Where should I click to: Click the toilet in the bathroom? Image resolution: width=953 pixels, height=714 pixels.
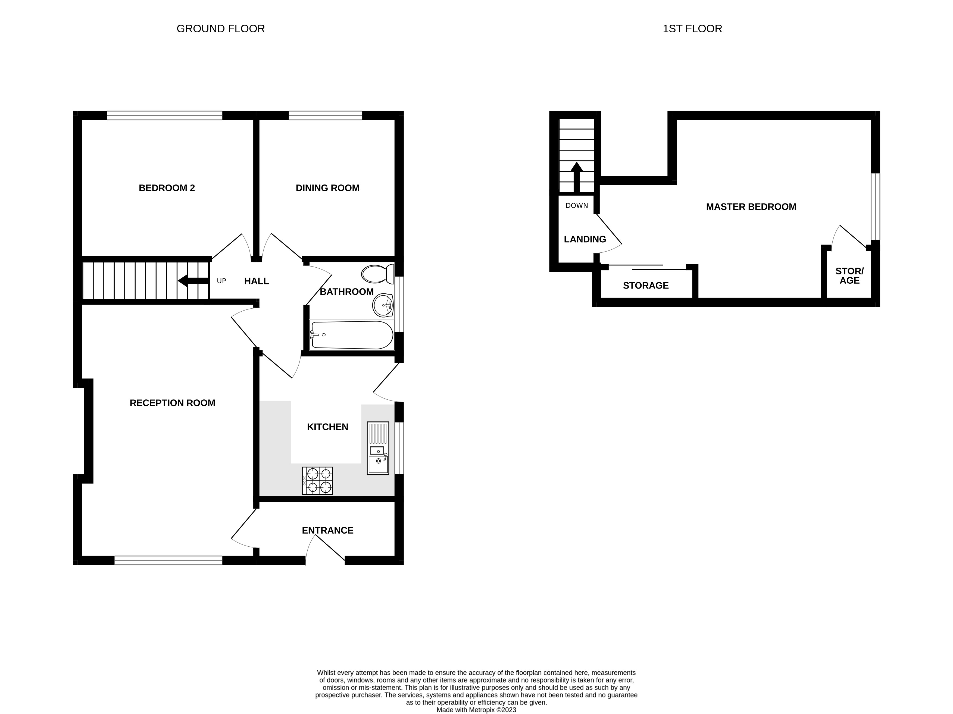pyautogui.click(x=377, y=274)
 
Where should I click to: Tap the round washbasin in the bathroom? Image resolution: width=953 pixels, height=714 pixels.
pyautogui.click(x=383, y=305)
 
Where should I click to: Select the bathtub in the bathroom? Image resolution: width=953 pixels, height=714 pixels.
pyautogui.click(x=352, y=335)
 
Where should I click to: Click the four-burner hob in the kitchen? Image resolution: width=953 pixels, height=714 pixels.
pyautogui.click(x=317, y=481)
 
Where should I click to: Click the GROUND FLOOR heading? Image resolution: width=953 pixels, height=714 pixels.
pyautogui.click(x=221, y=29)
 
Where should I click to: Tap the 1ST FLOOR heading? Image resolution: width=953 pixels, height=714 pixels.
pyautogui.click(x=692, y=29)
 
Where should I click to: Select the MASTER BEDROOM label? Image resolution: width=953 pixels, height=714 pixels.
pyautogui.click(x=751, y=207)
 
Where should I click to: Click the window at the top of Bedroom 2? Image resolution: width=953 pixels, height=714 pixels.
pyautogui.click(x=165, y=115)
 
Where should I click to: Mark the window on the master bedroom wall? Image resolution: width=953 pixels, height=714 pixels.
pyautogui.click(x=875, y=207)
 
